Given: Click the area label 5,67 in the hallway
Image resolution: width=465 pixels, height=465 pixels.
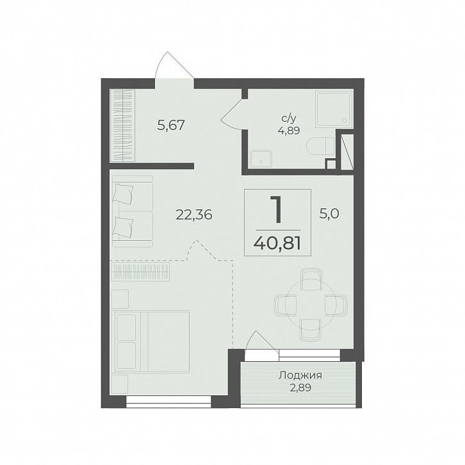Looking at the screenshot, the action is point(171,125).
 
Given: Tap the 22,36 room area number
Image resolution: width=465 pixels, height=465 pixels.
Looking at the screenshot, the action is point(194,215).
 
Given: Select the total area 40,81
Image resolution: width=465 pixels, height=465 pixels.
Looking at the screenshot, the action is point(277,244).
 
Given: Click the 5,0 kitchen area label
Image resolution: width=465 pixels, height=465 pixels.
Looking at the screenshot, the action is point(329,213).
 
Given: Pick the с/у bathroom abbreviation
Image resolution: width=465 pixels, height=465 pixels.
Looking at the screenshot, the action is point(289,119).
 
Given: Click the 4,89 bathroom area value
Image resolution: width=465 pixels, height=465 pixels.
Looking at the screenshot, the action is point(289,131).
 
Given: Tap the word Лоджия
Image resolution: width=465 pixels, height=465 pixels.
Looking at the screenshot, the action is point(300,375).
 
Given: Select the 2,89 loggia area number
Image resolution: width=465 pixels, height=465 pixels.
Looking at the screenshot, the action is point(300,387).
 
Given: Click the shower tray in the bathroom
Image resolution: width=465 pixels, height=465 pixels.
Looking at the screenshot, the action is point(334,109).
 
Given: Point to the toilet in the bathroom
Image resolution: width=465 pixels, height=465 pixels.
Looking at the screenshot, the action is point(320,146).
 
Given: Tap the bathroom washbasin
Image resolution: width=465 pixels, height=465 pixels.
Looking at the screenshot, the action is point(261,158).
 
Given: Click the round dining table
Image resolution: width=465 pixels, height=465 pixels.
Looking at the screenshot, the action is point(311,306).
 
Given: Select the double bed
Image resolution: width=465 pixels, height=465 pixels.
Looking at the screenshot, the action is point(151,341).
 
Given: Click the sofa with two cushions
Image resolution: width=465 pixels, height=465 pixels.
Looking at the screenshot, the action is point(133,211).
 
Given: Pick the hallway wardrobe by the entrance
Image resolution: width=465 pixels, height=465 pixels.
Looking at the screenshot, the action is point(123,126).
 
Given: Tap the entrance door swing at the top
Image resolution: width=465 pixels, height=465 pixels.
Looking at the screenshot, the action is point(174,65).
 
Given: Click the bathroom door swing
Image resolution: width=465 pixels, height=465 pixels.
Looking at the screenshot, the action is point(232,114).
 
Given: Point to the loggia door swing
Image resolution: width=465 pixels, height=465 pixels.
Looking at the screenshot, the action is point(262,341).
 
